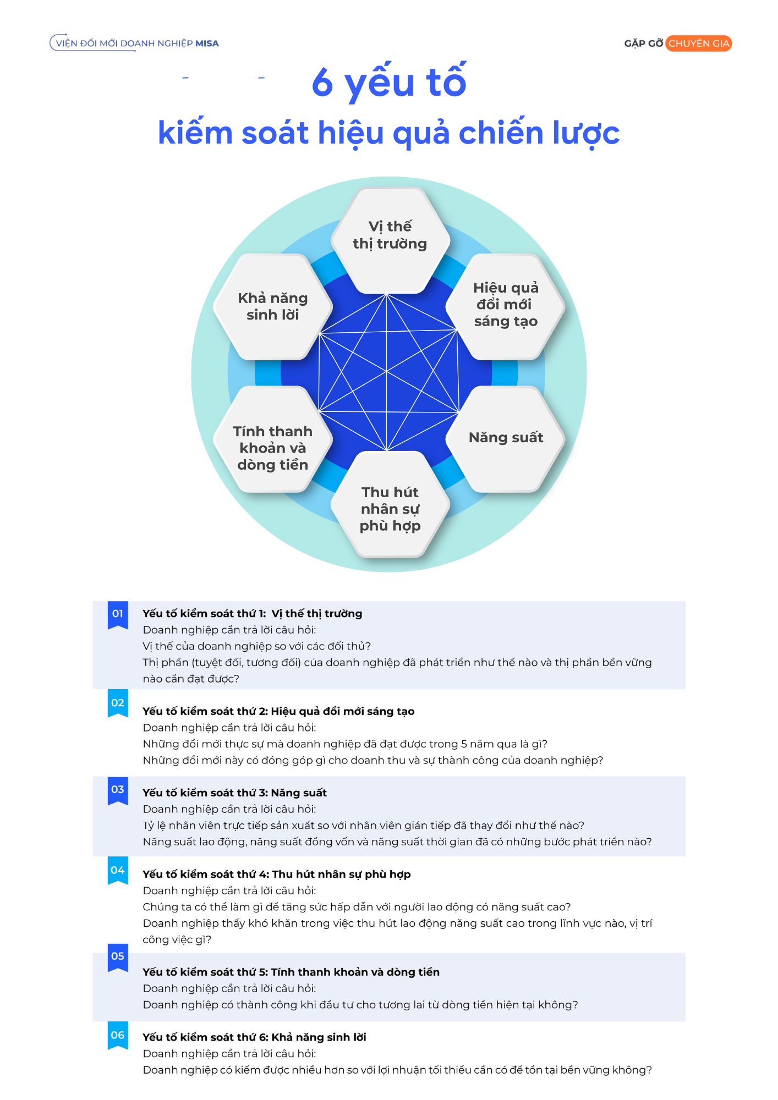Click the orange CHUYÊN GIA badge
(x=698, y=43)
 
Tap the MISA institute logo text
(x=135, y=43)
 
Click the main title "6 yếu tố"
(x=389, y=82)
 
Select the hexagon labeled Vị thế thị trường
(x=390, y=240)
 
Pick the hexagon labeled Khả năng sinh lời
(x=273, y=306)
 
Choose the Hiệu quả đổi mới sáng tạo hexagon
(x=506, y=306)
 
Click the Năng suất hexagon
(x=506, y=438)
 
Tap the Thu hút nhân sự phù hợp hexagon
(x=390, y=504)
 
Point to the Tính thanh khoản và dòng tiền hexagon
(x=273, y=438)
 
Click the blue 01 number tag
(x=118, y=615)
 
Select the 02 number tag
(x=118, y=703)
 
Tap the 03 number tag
(x=118, y=790)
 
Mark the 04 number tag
(x=118, y=871)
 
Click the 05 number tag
(x=118, y=957)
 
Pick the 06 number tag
(x=118, y=1036)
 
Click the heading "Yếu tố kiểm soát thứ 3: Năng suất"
(x=234, y=793)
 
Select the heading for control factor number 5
(x=291, y=972)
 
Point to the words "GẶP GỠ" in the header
(x=643, y=43)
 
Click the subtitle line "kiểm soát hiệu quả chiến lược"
(x=389, y=133)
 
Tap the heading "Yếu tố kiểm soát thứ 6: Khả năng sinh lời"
(x=254, y=1037)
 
